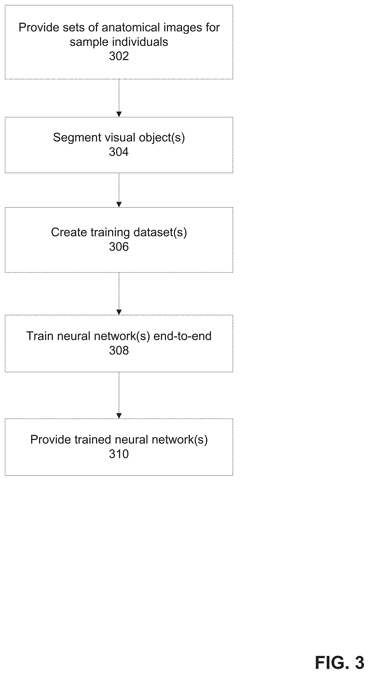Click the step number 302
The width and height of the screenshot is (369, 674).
(119, 56)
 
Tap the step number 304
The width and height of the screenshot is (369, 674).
(119, 152)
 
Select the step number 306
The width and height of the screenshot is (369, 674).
(119, 246)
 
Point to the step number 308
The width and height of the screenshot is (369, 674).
(119, 350)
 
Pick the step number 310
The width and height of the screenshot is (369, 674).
(119, 454)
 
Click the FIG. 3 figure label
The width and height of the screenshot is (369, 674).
(340, 662)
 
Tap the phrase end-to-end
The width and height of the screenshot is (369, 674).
(182, 336)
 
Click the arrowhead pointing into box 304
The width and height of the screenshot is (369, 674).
(119, 114)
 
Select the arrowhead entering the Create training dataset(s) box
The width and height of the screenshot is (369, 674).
(119, 205)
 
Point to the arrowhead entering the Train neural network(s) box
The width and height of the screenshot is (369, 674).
(119, 312)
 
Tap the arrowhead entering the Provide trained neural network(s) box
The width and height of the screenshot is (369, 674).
(119, 416)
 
